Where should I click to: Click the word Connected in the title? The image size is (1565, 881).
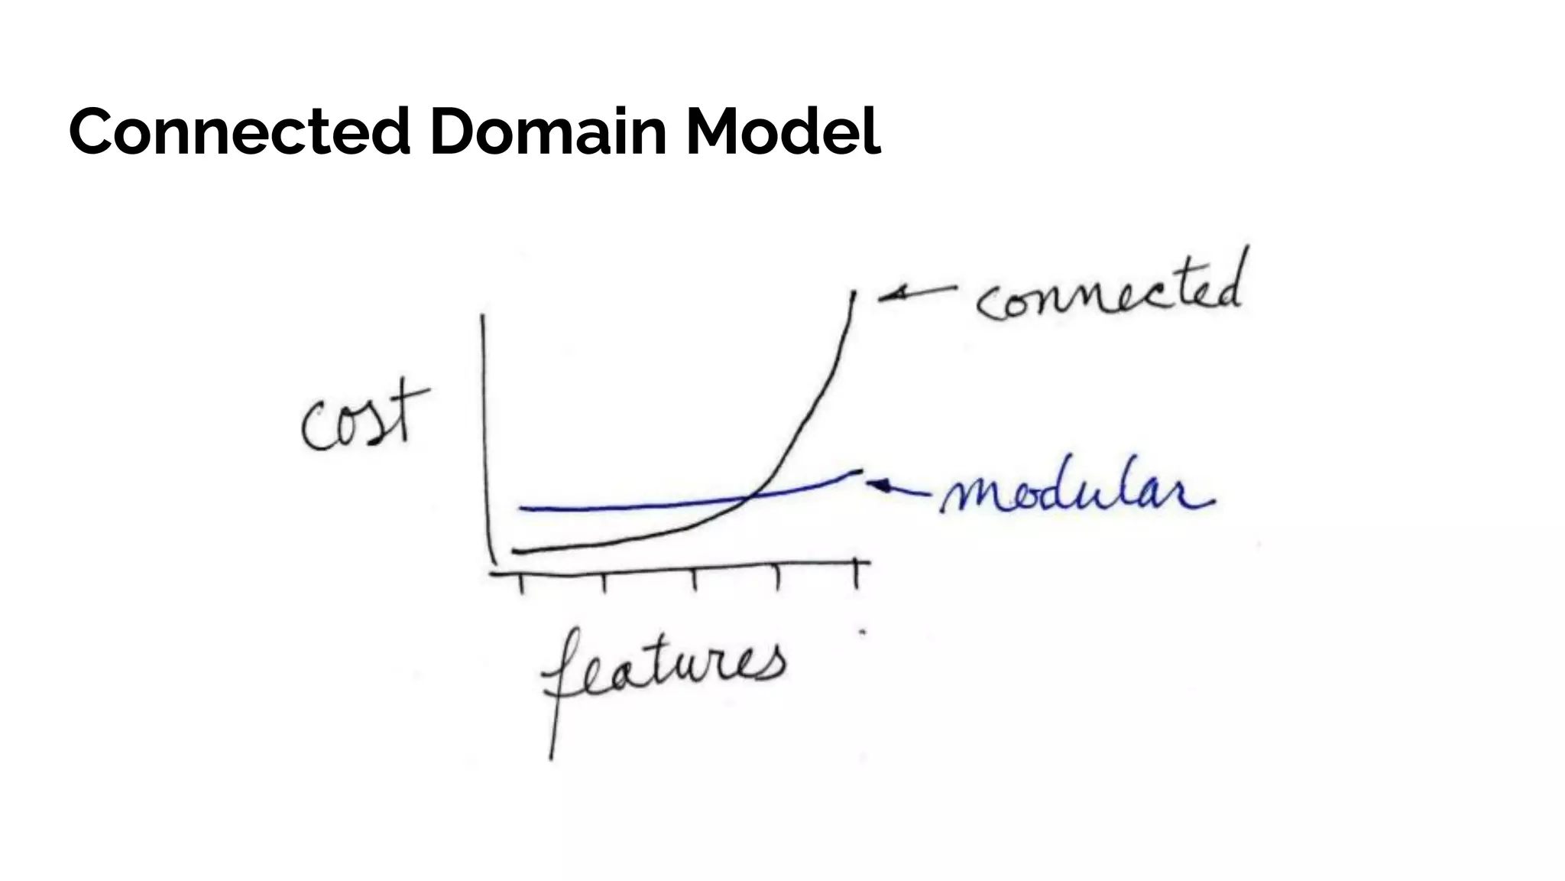(240, 131)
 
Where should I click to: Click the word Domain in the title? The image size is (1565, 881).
(548, 131)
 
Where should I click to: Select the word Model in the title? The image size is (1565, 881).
(782, 131)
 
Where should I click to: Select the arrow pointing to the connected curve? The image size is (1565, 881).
(915, 292)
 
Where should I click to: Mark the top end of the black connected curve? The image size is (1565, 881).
(854, 294)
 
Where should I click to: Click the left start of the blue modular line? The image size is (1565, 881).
(522, 509)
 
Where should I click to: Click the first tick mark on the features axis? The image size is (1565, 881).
(521, 583)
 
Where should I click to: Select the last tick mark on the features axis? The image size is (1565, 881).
(857, 575)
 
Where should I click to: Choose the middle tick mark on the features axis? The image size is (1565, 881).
(695, 580)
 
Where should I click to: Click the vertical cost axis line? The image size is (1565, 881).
(484, 436)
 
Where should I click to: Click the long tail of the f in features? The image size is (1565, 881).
(552, 727)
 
